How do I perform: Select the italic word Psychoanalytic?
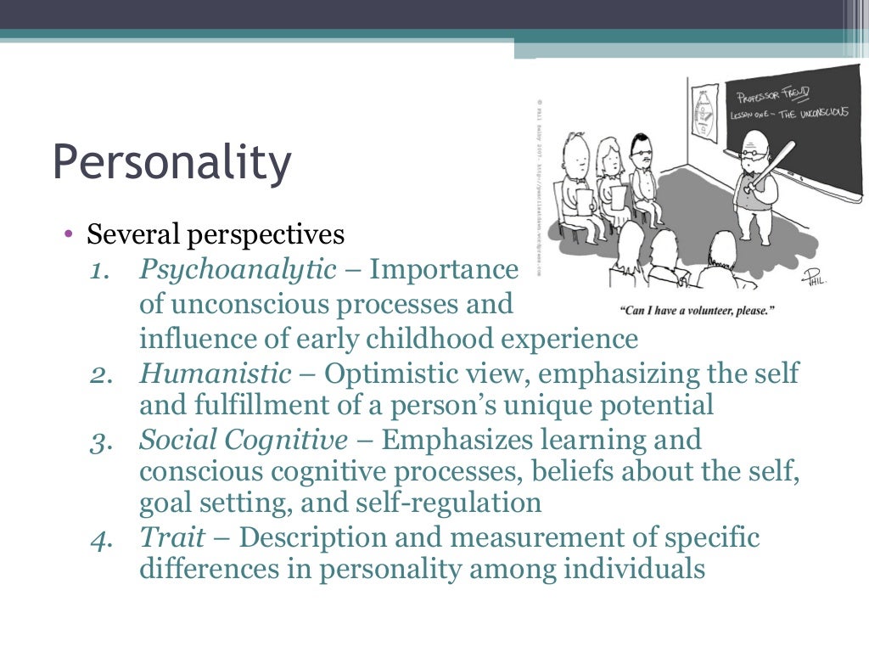point(238,270)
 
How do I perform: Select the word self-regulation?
point(458,503)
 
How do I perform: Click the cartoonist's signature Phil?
point(815,277)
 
